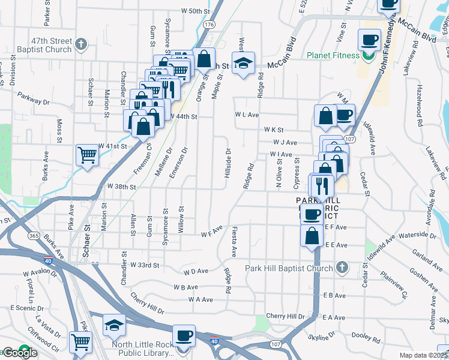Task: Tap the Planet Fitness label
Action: pos(334,56)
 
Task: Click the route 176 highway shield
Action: pos(208,25)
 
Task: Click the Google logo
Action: pos(20,353)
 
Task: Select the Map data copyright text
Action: pos(424,355)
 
